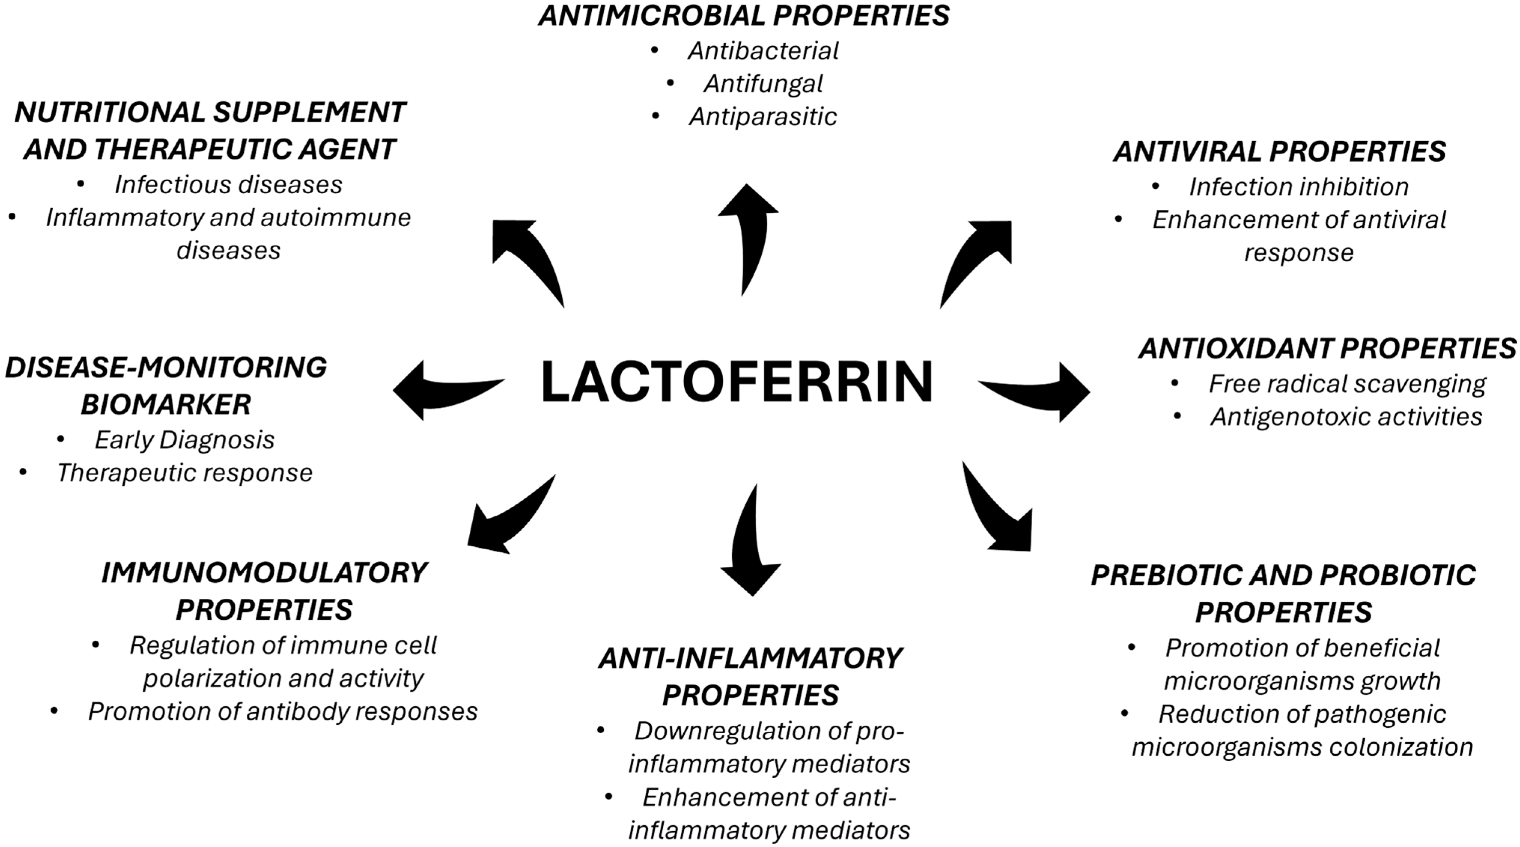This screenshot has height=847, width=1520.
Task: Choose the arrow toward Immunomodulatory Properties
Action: [508, 519]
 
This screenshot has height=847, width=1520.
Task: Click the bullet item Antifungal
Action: [762, 84]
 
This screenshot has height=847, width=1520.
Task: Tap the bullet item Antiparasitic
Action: [762, 117]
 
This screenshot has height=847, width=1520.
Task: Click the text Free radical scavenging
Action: [1347, 384]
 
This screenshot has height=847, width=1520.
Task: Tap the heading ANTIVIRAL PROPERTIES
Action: [1279, 152]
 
